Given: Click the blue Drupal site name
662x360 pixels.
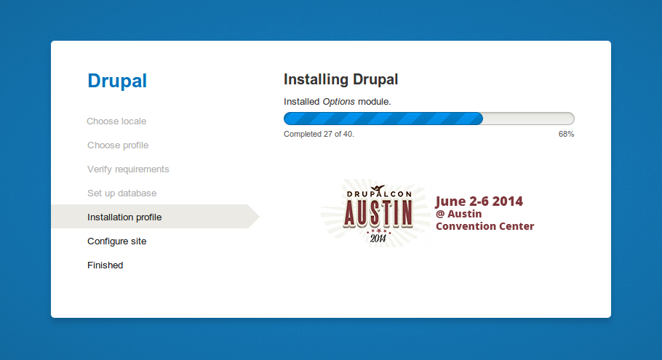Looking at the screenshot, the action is coord(117,81).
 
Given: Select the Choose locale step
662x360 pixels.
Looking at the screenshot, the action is coord(116,121).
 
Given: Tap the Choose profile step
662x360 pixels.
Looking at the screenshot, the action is coord(118,145).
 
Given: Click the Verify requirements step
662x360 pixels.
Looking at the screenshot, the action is coord(128,169).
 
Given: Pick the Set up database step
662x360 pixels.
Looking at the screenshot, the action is coord(121,193).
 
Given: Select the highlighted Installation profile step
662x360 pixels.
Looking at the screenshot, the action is coord(124,217).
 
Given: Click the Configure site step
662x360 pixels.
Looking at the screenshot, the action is coord(117,241).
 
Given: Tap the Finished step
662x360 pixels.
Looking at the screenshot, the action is coord(105,265).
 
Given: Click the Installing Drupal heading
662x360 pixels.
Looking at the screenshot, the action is coord(340,79).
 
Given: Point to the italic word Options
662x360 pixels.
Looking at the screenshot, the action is coord(338,102).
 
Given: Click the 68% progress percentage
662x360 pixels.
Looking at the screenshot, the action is coord(566,135).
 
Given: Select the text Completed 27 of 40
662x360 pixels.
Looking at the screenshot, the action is coord(319,135).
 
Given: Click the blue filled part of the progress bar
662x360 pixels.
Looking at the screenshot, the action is coord(383,119).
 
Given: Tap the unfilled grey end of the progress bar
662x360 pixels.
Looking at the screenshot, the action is coord(529,119).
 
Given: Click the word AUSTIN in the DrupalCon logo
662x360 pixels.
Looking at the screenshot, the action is coord(378,213).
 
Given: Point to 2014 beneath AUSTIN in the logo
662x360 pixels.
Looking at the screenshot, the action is coord(378,239).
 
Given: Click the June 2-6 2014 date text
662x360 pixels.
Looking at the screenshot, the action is coord(479,201).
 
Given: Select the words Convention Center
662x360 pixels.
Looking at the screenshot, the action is coord(484,226).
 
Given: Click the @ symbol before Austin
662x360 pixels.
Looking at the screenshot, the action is coord(440,214).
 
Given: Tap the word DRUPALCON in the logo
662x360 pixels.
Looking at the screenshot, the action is coord(379,194).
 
